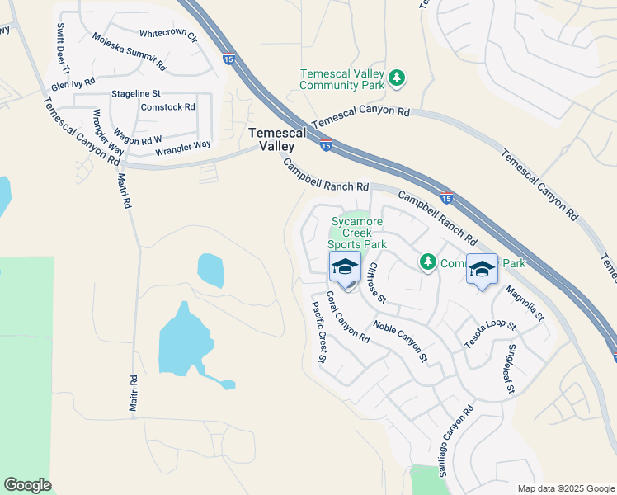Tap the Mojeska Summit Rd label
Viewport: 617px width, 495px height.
[130, 52]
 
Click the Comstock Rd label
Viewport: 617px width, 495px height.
[167, 106]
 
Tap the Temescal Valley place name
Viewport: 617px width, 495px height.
[277, 139]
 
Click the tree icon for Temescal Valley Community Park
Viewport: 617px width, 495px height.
[398, 78]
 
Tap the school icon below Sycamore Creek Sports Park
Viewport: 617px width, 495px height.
[346, 266]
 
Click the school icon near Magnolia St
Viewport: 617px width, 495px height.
[482, 269]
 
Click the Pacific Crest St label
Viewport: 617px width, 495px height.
[319, 332]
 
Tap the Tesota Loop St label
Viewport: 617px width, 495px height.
[490, 334]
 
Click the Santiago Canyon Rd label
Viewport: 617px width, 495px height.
[455, 441]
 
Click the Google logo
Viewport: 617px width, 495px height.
[27, 485]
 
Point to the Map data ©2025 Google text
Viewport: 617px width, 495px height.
[565, 488]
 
